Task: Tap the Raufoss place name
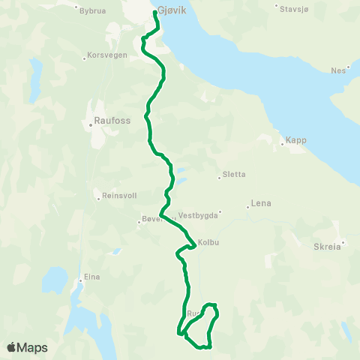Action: [x=106, y=118]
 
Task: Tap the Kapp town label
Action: [x=295, y=140]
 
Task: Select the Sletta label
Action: [x=233, y=175]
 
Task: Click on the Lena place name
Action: [x=262, y=203]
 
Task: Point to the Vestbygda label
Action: [x=198, y=214]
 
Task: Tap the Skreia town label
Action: [x=327, y=245]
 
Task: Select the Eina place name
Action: [x=91, y=277]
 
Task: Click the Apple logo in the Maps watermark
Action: [x=11, y=347]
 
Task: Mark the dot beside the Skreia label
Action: [x=343, y=242]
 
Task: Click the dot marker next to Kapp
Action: [x=280, y=140]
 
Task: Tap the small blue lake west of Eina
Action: [x=54, y=280]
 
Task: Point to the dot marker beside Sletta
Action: [x=219, y=178]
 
